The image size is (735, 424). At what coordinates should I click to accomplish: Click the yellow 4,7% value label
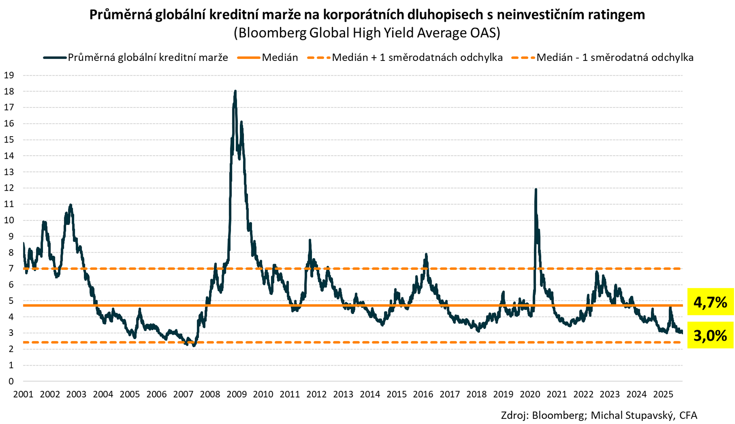710,302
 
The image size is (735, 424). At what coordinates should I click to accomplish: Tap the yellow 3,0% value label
710,335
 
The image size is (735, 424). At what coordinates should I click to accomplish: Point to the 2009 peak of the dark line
235,91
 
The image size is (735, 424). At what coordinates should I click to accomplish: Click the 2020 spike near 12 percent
536,190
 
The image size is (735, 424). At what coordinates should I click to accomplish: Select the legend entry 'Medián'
280,58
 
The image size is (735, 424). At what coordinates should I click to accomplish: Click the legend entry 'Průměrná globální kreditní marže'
148,58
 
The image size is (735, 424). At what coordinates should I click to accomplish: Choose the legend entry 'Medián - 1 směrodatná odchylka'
615,58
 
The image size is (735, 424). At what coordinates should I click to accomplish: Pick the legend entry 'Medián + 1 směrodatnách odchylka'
417,58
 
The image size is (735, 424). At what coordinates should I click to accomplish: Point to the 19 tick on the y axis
9,75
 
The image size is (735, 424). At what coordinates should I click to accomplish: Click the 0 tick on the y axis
11,381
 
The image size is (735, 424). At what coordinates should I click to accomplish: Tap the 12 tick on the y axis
9,188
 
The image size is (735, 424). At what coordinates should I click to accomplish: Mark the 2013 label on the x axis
343,395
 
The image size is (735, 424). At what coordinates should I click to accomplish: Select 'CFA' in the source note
688,415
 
